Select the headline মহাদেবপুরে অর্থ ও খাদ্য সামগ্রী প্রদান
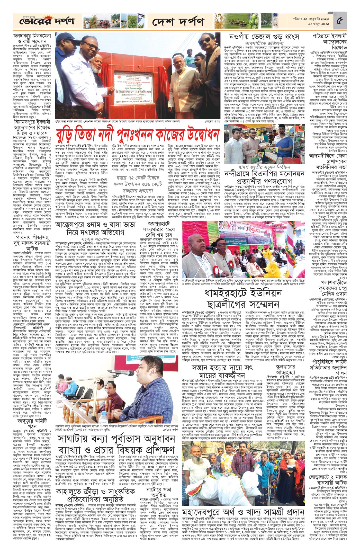pyautogui.click(x=243, y=505)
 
